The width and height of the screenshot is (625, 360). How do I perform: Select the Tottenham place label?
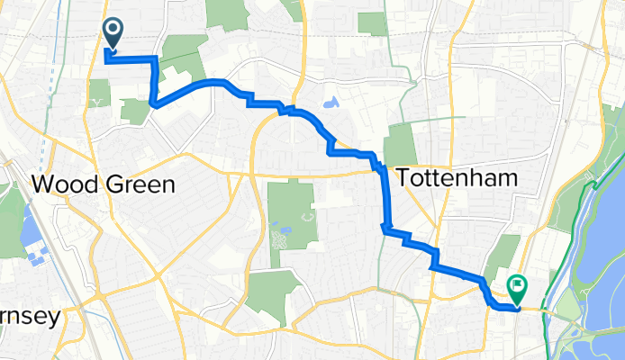tap(457, 178)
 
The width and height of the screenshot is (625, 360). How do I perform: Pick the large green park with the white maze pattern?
tap(290, 216)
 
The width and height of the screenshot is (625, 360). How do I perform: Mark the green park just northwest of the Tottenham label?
tap(401, 144)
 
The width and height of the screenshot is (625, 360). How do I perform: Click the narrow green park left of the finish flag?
tap(504, 256)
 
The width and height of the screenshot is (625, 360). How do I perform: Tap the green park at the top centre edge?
tap(226, 13)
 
